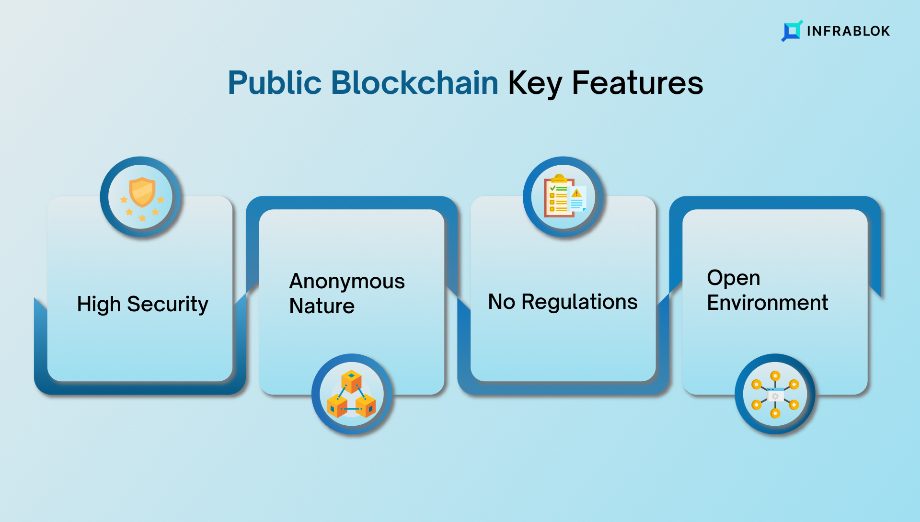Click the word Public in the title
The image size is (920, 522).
275,83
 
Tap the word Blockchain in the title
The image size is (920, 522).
415,82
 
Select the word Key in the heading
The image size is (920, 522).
535,84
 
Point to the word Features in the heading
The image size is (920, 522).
637,83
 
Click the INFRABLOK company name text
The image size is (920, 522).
848,31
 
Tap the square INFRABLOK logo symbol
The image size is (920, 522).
792,31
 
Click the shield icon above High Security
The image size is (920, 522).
142,192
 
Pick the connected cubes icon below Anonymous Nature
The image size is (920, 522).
352,394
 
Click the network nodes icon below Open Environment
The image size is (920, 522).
775,394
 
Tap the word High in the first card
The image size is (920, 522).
99,304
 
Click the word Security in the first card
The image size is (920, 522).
168,304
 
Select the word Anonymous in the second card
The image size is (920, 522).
347,281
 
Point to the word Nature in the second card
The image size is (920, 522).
322,306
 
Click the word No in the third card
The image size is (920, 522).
501,302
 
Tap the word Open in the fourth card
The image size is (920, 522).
734,278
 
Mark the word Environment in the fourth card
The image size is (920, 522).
768,303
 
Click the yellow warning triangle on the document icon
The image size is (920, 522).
576,193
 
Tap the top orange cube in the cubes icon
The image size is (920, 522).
351,381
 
